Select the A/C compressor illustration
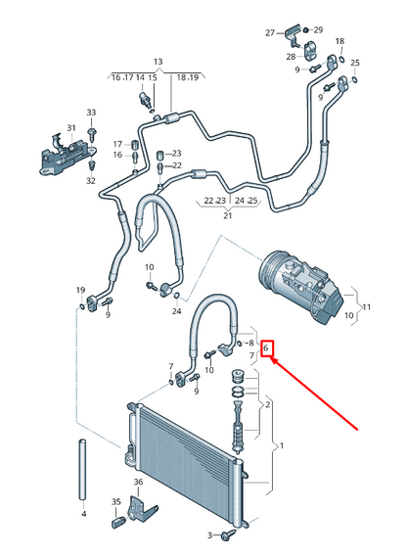point(293,278)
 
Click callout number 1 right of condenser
point(283,446)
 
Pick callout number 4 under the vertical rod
point(83,514)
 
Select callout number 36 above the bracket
point(138,483)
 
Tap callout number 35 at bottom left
point(115,502)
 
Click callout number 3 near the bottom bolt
point(209,535)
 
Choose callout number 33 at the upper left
point(91,113)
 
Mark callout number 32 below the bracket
point(90,181)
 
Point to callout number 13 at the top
point(158,61)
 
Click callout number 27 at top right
point(270,33)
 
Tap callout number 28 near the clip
point(290,57)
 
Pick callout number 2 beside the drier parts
point(267,403)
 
